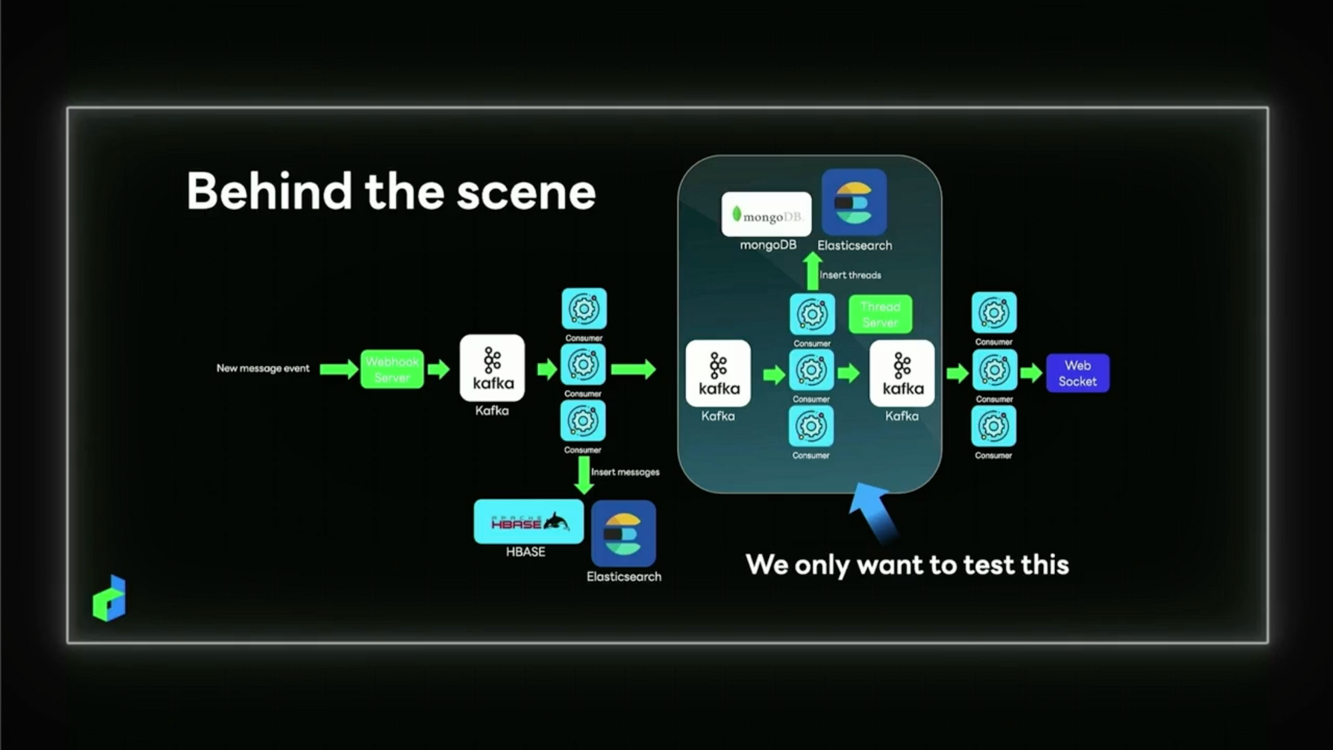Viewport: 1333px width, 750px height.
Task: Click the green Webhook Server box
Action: coord(392,369)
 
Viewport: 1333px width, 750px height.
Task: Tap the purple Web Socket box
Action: coord(1077,373)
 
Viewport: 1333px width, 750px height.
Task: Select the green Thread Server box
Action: coord(880,314)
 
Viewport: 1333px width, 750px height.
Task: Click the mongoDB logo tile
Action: coord(766,215)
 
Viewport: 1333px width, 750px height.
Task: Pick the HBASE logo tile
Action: coord(529,522)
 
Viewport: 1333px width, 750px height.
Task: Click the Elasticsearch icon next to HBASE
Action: coord(623,533)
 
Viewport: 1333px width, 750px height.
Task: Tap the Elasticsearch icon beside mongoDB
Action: coord(854,201)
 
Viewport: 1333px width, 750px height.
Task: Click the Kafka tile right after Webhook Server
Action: coord(492,368)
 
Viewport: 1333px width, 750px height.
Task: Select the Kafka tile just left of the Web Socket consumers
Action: coord(902,373)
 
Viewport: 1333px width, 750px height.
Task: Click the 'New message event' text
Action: coord(263,368)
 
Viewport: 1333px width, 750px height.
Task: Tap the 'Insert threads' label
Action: coord(850,275)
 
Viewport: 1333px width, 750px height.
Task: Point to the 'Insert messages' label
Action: coord(625,472)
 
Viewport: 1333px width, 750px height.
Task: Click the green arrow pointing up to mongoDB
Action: coord(812,271)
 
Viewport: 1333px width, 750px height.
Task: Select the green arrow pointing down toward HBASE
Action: coord(584,475)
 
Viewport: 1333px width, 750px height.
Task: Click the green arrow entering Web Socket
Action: coord(1030,373)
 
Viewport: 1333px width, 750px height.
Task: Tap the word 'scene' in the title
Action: coord(526,192)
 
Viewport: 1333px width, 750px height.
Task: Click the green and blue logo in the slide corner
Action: coord(110,598)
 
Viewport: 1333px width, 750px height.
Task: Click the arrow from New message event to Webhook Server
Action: coord(338,369)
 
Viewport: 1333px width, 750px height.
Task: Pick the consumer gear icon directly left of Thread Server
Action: coord(812,314)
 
